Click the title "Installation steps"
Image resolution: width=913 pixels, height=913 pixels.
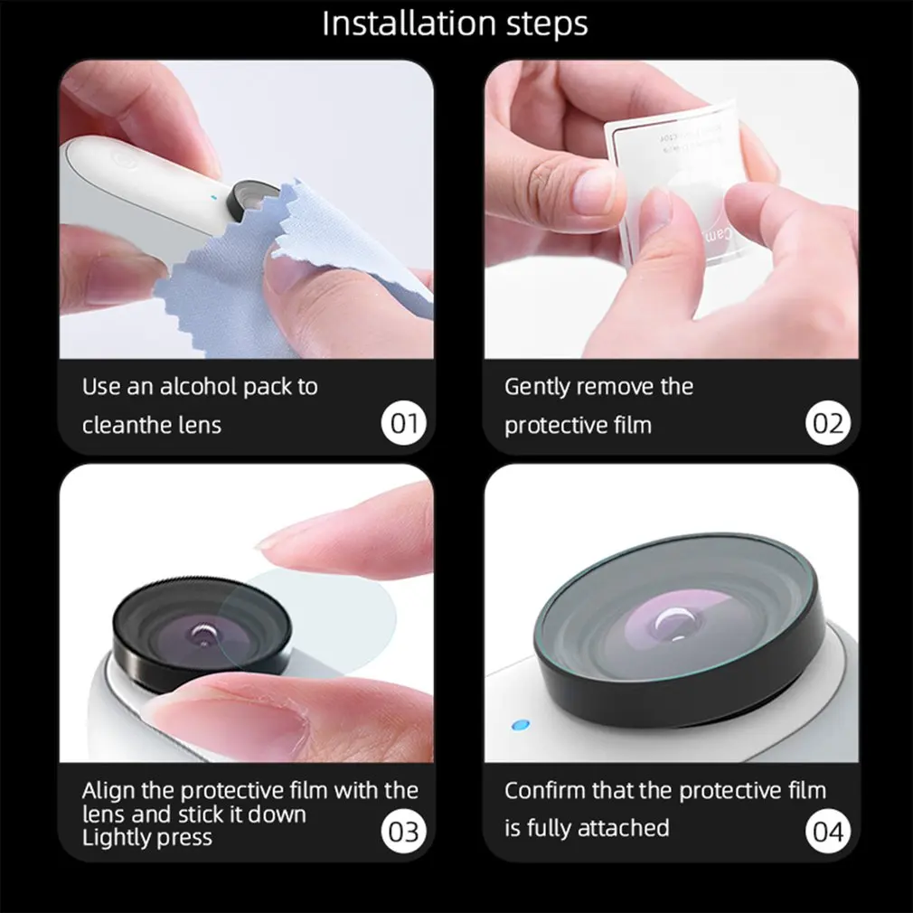[456, 24]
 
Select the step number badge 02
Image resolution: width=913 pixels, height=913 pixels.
[827, 423]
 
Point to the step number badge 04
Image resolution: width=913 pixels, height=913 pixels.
[827, 831]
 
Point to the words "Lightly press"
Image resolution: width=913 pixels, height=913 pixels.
[146, 837]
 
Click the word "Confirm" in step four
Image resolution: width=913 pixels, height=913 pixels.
[545, 791]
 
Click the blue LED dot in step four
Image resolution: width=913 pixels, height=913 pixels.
[519, 725]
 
